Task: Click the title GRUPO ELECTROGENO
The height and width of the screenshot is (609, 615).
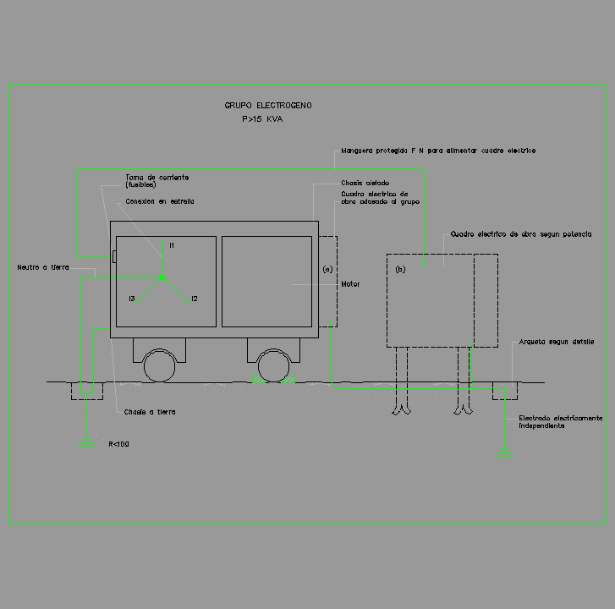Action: [268, 106]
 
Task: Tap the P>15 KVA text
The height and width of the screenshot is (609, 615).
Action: [262, 120]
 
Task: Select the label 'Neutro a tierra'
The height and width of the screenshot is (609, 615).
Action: [43, 267]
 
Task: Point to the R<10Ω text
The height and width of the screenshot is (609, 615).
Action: [118, 443]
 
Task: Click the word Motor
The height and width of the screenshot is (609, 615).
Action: [350, 284]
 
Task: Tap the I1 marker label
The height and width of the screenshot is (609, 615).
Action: [171, 245]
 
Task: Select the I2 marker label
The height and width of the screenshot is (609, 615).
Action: [195, 299]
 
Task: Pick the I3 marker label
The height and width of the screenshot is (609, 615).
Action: [132, 299]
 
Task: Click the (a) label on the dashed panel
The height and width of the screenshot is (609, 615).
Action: [328, 269]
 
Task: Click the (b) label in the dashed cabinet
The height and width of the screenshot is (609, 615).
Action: [401, 269]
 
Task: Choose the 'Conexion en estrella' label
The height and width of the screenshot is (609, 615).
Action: [160, 201]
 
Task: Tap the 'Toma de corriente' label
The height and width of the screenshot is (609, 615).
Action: [157, 178]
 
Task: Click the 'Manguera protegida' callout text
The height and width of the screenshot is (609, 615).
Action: [438, 151]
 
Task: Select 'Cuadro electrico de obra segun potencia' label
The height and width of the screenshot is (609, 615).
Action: [521, 233]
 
